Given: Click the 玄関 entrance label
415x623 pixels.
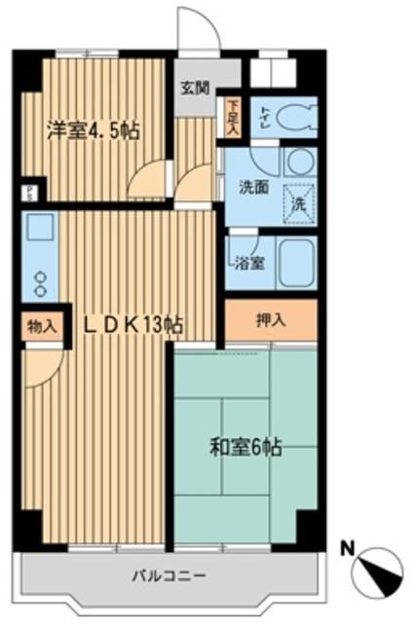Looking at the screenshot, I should [194, 87].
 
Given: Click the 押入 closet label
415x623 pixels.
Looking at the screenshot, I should [271, 319].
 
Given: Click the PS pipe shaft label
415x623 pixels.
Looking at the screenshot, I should [30, 192].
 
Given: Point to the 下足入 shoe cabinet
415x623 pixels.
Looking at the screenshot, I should [233, 115].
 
